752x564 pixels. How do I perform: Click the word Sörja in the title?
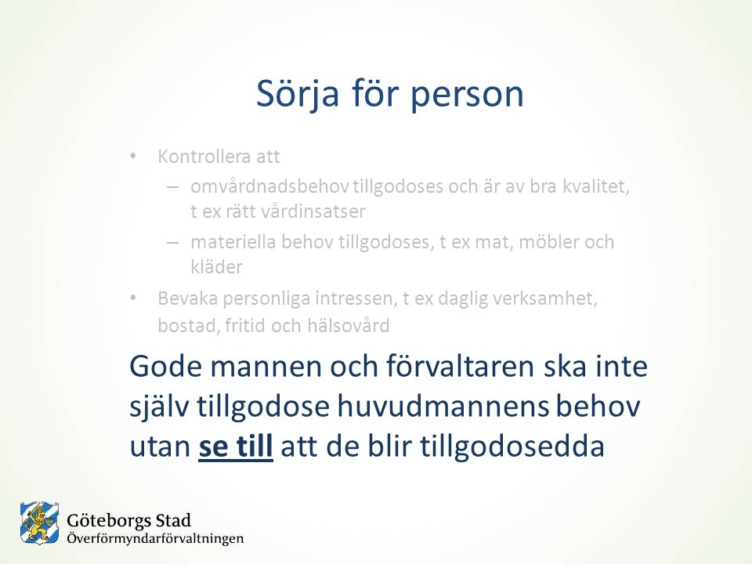point(298,93)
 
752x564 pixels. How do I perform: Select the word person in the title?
point(467,96)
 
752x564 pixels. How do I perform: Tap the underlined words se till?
point(236,446)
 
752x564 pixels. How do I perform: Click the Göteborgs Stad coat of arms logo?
point(39,523)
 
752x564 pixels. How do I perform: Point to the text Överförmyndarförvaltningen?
point(155,539)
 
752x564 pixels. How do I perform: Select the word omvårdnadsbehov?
point(269,186)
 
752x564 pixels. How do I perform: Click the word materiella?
point(233,242)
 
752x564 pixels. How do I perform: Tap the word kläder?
point(217,266)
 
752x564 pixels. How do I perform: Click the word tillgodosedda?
point(512,446)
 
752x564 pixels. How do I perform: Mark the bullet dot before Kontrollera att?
point(133,157)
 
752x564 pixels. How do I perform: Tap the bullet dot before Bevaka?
point(133,298)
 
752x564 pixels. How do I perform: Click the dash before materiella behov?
point(172,242)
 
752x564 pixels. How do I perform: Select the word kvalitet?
point(595,186)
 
